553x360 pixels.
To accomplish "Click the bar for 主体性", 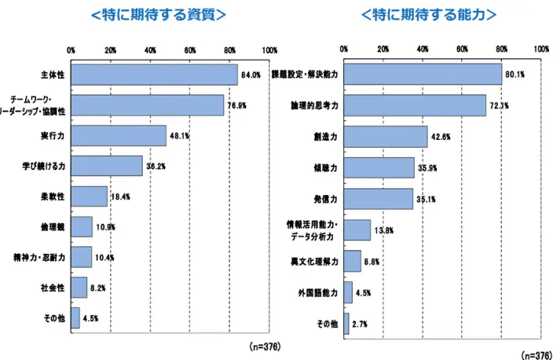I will pos(154,75).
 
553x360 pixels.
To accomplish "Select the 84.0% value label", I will pos(251,75).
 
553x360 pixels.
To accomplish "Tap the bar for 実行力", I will pos(119,135).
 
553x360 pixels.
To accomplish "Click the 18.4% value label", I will pos(121,197).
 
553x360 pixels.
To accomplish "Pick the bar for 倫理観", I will pos(82,227).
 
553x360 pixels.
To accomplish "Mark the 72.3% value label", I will pos(500,105).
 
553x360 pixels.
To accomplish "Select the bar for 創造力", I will pos(386,136).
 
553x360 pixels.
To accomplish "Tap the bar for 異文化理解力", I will pos(353,260).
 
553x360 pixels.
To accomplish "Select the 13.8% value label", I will pos(384,230).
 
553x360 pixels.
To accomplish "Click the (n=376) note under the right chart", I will pos(537,354).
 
